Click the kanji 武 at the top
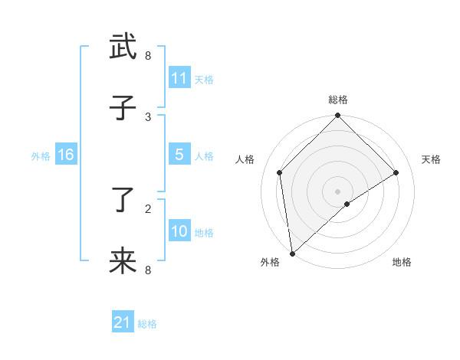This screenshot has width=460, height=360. click(x=123, y=47)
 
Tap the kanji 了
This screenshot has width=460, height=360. click(x=123, y=200)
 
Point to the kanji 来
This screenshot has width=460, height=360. click(x=123, y=261)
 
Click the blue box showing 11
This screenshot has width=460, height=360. click(x=179, y=77)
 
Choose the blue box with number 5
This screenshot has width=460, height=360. click(x=179, y=155)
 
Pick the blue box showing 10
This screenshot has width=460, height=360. click(x=179, y=231)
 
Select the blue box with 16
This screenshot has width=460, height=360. click(x=65, y=155)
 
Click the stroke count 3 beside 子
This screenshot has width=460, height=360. click(x=148, y=116)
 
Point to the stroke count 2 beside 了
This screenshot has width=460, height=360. click(x=148, y=208)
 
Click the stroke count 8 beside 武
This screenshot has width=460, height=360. click(x=148, y=56)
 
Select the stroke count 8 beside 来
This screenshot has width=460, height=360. click(x=148, y=270)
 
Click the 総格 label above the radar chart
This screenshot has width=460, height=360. click(x=338, y=100)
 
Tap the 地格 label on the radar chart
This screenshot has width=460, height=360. click(x=402, y=263)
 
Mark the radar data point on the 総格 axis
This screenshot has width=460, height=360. click(x=338, y=116)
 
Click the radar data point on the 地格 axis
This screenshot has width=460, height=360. click(x=347, y=204)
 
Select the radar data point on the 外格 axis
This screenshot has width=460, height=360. click(x=292, y=253)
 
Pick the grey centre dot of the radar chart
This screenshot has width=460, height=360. click(x=338, y=191)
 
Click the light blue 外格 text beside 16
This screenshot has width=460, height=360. click(x=41, y=155)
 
